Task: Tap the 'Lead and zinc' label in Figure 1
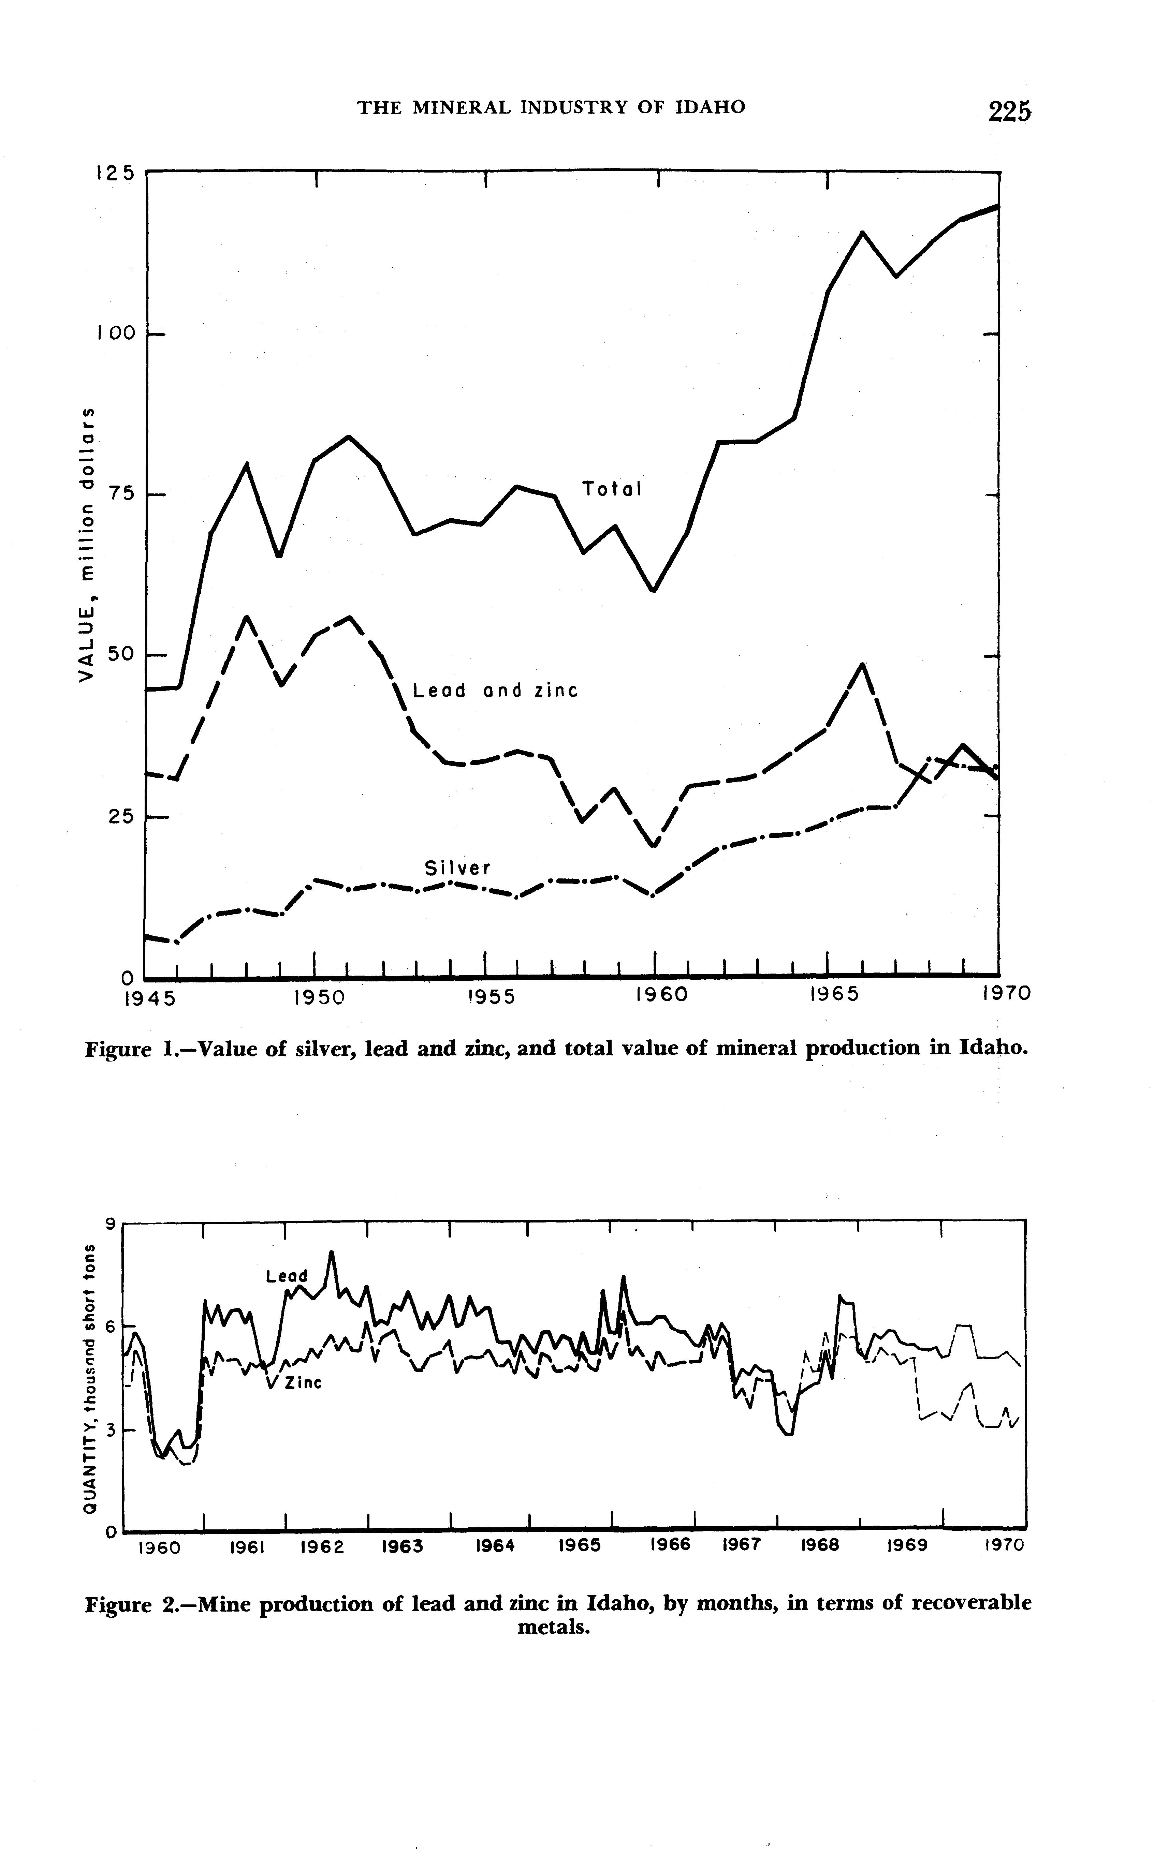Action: click(495, 691)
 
